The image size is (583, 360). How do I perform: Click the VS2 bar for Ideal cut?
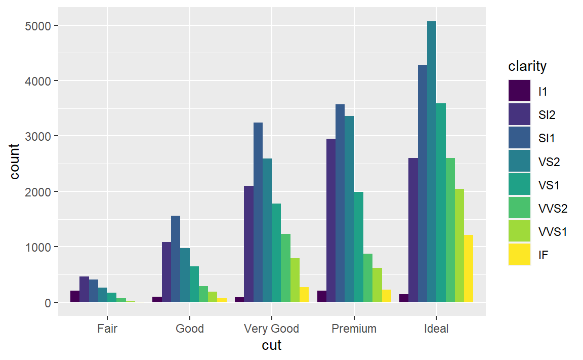(431, 162)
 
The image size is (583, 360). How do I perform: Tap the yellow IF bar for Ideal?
(468, 269)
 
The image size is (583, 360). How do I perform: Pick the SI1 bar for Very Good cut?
(258, 213)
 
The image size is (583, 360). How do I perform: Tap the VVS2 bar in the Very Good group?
(285, 268)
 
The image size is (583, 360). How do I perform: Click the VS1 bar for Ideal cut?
(440, 203)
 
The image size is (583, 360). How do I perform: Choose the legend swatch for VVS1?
(519, 231)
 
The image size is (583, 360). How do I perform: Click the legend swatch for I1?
(519, 91)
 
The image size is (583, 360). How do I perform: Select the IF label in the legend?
(543, 255)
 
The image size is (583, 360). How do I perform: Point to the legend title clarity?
(527, 66)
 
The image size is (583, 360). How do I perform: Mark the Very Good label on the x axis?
(272, 329)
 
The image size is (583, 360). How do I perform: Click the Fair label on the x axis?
(107, 329)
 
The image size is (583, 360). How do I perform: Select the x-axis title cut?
(272, 345)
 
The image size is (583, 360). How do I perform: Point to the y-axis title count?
(14, 162)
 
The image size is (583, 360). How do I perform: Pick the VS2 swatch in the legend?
(519, 161)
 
